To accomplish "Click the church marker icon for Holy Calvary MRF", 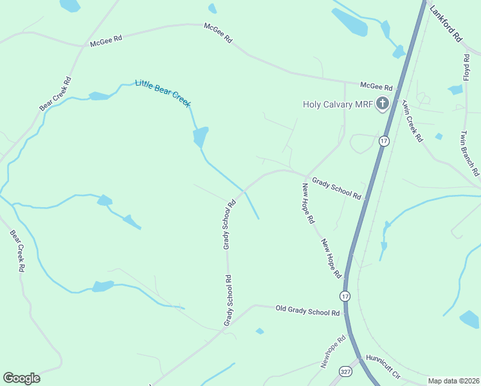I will point(383,104).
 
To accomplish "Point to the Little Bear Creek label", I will point(163,93).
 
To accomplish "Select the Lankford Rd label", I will point(446,25).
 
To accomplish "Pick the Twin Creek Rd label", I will point(412,120).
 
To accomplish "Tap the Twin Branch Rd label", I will point(469,154).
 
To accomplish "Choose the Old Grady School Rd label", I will point(307,312).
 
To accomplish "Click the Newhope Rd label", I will point(333,351).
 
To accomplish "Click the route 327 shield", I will point(346,372).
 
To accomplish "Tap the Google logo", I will point(21,378).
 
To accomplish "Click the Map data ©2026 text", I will point(453,381).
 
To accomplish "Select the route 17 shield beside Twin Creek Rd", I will point(384,141).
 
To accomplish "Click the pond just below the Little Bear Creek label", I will point(201,136).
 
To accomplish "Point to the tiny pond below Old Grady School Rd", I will point(259,331).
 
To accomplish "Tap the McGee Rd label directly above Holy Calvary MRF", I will point(376,87).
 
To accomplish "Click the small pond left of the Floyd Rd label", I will point(455,90).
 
